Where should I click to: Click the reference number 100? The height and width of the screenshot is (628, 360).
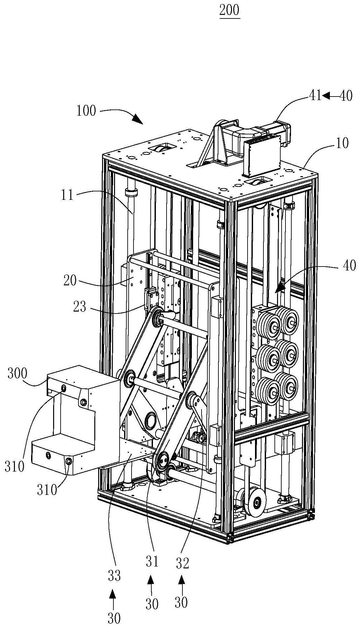coord(86,111)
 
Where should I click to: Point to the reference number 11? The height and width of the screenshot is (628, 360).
coord(68,196)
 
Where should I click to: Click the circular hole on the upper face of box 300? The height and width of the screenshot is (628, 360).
coord(64,388)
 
